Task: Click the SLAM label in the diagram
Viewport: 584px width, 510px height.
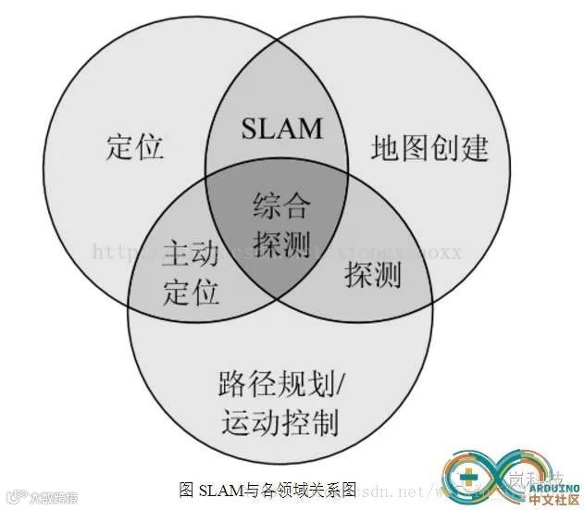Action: [x=282, y=127]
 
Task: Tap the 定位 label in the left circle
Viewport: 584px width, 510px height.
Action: [x=135, y=146]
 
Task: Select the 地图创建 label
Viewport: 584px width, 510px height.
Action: [x=429, y=148]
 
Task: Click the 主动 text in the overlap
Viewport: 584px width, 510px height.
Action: [x=192, y=252]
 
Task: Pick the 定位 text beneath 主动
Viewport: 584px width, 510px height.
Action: [x=192, y=291]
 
